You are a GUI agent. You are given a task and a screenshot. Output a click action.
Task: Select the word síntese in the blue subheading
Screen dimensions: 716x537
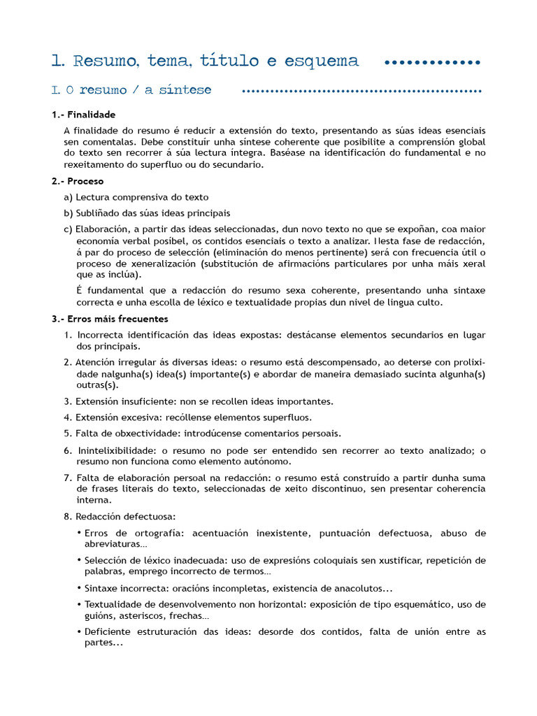(185, 90)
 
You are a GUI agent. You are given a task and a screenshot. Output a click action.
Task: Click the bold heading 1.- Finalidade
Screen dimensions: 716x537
(83, 115)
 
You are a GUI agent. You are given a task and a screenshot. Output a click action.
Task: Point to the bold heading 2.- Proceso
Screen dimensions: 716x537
(78, 181)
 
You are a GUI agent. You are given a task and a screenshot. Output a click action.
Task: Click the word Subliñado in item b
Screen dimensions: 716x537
(97, 213)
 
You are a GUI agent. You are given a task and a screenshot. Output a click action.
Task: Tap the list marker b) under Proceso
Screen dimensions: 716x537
(68, 213)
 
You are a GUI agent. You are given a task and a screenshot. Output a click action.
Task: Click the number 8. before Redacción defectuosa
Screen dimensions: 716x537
(68, 516)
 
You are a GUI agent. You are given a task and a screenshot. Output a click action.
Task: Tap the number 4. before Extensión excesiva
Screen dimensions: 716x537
(68, 417)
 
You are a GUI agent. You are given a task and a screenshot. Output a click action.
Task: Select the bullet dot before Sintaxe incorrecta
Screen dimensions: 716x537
(79, 588)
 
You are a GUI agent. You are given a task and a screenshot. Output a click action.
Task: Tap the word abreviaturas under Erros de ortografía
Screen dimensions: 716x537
(113, 544)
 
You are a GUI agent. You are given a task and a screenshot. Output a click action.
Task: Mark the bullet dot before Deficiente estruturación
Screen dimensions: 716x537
(79, 632)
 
